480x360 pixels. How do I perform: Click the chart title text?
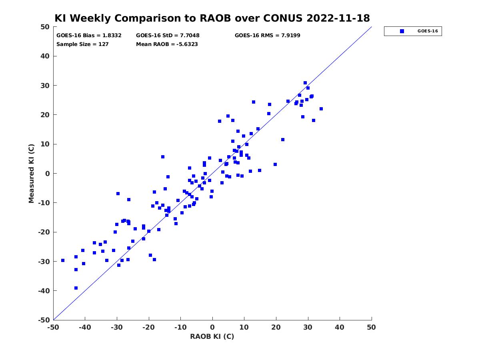tap(212, 18)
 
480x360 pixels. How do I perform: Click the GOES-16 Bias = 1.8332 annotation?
tap(89, 36)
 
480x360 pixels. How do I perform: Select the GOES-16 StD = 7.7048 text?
tap(168, 36)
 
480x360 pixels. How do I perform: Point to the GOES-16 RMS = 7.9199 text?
tap(267, 36)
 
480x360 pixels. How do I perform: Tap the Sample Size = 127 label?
tap(82, 44)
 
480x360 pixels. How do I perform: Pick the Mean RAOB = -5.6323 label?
tap(167, 44)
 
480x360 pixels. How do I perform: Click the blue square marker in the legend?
tap(402, 31)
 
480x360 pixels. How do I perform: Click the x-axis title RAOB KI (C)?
tap(212, 336)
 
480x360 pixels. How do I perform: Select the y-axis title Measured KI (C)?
tap(31, 173)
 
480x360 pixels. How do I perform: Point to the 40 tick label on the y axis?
tap(45, 56)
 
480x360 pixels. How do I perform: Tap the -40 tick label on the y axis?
tap(44, 291)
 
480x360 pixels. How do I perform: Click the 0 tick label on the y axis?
tap(48, 174)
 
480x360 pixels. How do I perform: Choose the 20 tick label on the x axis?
tap(276, 327)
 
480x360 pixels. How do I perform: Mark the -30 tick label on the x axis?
tap(117, 327)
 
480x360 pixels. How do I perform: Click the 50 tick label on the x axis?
tap(371, 327)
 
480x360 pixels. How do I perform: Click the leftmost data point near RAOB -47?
tap(63, 260)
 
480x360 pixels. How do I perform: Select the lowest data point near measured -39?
tap(76, 288)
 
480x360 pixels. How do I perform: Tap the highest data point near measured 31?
tap(305, 83)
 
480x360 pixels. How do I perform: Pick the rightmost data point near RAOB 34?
tap(321, 109)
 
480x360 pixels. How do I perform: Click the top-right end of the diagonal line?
tap(372, 27)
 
